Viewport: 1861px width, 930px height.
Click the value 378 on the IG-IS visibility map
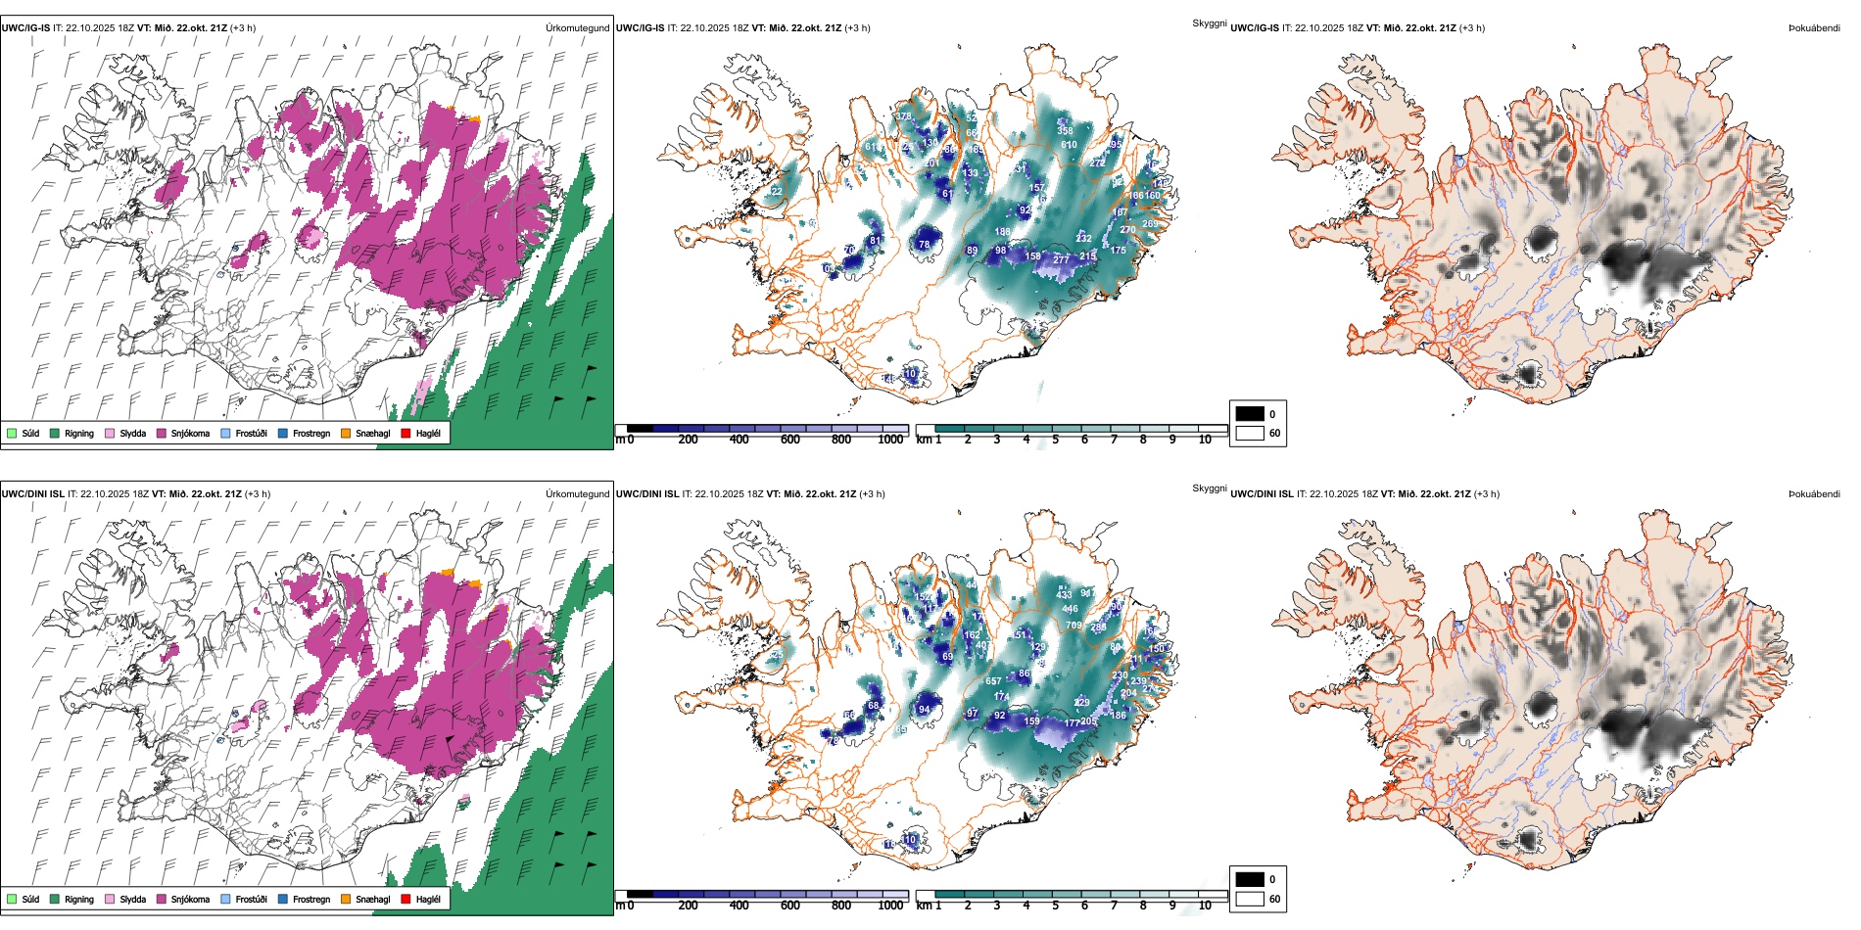[904, 116]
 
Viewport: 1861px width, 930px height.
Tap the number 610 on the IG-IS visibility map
[1069, 145]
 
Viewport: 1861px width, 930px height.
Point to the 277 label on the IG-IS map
[1061, 260]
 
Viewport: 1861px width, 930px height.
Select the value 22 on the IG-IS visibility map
[777, 192]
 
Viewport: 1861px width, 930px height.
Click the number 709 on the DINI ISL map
[1074, 625]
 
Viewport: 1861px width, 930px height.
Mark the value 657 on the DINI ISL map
[993, 681]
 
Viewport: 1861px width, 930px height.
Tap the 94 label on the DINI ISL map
[925, 710]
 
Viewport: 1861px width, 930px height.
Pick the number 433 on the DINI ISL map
[1065, 594]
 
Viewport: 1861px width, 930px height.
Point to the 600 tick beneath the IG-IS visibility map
[790, 440]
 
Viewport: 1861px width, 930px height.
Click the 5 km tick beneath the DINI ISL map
[1056, 906]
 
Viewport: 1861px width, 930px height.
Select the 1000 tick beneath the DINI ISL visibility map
[890, 906]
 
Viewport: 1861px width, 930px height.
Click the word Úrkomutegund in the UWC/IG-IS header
[578, 28]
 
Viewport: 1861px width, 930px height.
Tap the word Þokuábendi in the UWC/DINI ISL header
[1814, 493]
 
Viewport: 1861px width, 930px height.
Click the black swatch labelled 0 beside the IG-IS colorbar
[1250, 414]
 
